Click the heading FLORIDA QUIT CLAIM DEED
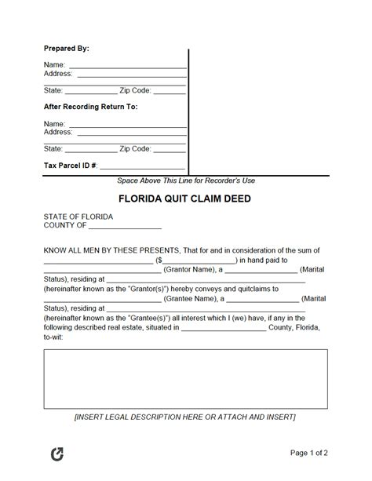pos(185,199)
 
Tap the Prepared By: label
pos(66,49)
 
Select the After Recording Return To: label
pos(90,107)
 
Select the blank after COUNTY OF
pos(125,227)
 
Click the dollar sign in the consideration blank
pos(159,260)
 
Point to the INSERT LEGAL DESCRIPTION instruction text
pos(185,417)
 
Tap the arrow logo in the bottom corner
pos(57,454)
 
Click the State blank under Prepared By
pos(91,91)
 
